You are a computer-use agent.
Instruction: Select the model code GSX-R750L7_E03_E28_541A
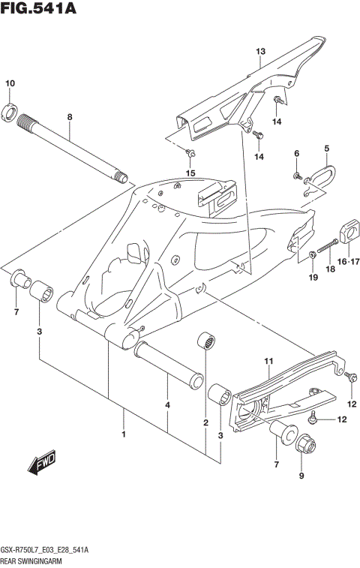pos(45,551)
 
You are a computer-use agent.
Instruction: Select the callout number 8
pos(70,117)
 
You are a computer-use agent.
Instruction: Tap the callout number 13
pos(260,51)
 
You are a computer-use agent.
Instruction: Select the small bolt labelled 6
pos(298,178)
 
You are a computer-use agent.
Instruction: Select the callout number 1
pos(124,434)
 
